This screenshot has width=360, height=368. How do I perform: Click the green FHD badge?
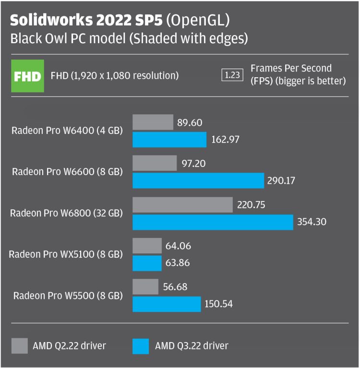point(28,76)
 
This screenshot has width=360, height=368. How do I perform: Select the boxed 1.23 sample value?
point(232,75)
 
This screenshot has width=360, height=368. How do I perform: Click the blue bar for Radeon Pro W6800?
point(213,222)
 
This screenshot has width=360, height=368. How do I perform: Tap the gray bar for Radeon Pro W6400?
point(153,122)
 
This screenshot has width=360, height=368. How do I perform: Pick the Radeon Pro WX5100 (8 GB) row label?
point(66,254)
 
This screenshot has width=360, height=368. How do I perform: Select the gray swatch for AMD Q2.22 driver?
point(20,345)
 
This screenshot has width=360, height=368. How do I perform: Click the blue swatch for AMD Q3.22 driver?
point(140,345)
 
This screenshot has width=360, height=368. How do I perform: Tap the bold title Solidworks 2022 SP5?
point(86,21)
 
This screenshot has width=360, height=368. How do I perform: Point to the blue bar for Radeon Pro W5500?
point(167,304)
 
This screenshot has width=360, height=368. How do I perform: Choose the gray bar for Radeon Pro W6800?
point(182,205)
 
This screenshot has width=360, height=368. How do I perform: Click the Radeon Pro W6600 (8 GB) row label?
point(67,171)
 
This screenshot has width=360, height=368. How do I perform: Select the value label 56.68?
point(175,287)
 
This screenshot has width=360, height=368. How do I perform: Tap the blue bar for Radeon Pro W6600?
point(198,181)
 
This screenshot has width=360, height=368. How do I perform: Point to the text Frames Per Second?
point(291,69)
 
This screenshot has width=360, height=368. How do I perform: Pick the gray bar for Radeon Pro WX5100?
point(147,246)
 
